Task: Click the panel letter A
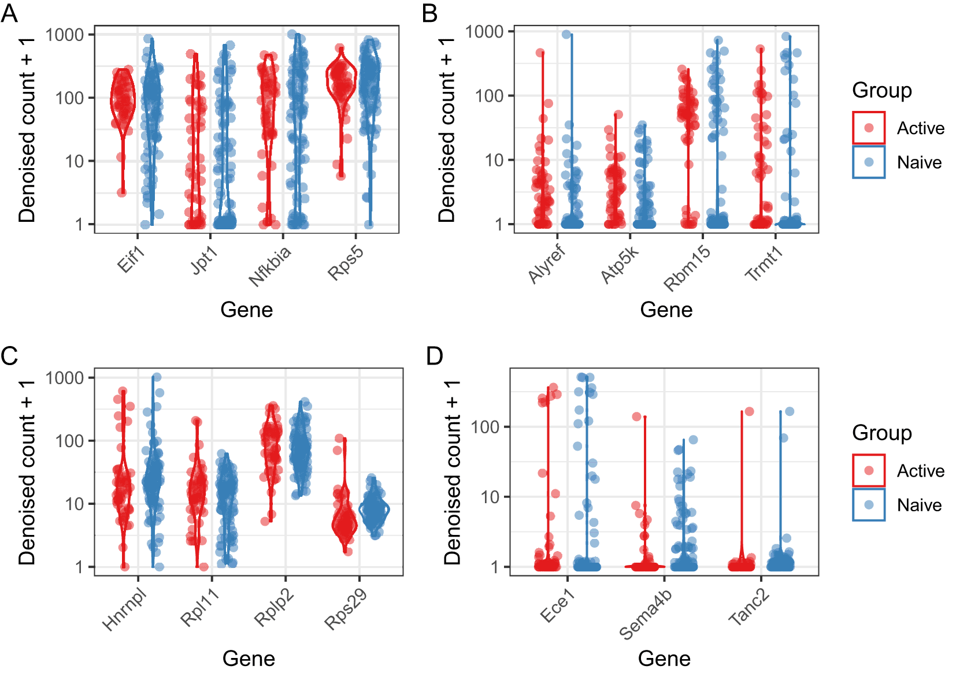pyautogui.click(x=9, y=13)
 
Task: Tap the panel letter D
pyautogui.click(x=434, y=356)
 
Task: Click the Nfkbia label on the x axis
pyautogui.click(x=270, y=265)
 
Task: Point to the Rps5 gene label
pyautogui.click(x=346, y=263)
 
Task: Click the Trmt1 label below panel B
pyautogui.click(x=764, y=263)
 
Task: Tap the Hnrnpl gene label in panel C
pyautogui.click(x=124, y=610)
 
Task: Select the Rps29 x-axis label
pyautogui.click(x=346, y=609)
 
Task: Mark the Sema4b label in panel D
pyautogui.click(x=645, y=614)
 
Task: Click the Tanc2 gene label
pyautogui.click(x=749, y=607)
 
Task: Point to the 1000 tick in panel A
pyautogui.click(x=65, y=35)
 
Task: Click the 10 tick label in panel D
pyautogui.click(x=490, y=497)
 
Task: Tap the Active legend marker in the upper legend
pyautogui.click(x=868, y=128)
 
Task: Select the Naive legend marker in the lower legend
pyautogui.click(x=868, y=505)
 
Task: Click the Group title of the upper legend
pyautogui.click(x=881, y=91)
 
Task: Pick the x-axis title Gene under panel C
pyautogui.click(x=249, y=658)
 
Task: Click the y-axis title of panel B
pyautogui.click(x=446, y=130)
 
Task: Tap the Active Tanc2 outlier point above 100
pyautogui.click(x=749, y=411)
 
